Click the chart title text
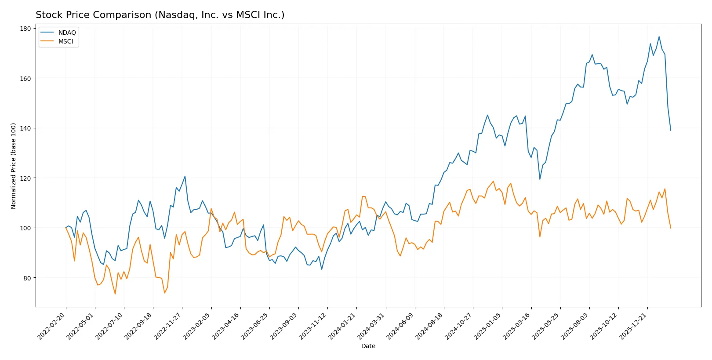(160, 15)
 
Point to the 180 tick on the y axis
(25, 29)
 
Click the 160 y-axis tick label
(25, 79)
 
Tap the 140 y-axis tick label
(25, 128)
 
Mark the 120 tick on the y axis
(25, 178)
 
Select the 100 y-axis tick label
(25, 228)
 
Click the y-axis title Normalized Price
(14, 166)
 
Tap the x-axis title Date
(368, 346)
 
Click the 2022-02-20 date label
(52, 326)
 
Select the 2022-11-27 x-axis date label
(168, 326)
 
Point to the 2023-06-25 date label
(255, 326)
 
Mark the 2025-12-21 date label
(633, 326)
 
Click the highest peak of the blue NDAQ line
(659, 36)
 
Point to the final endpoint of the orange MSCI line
(671, 228)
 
